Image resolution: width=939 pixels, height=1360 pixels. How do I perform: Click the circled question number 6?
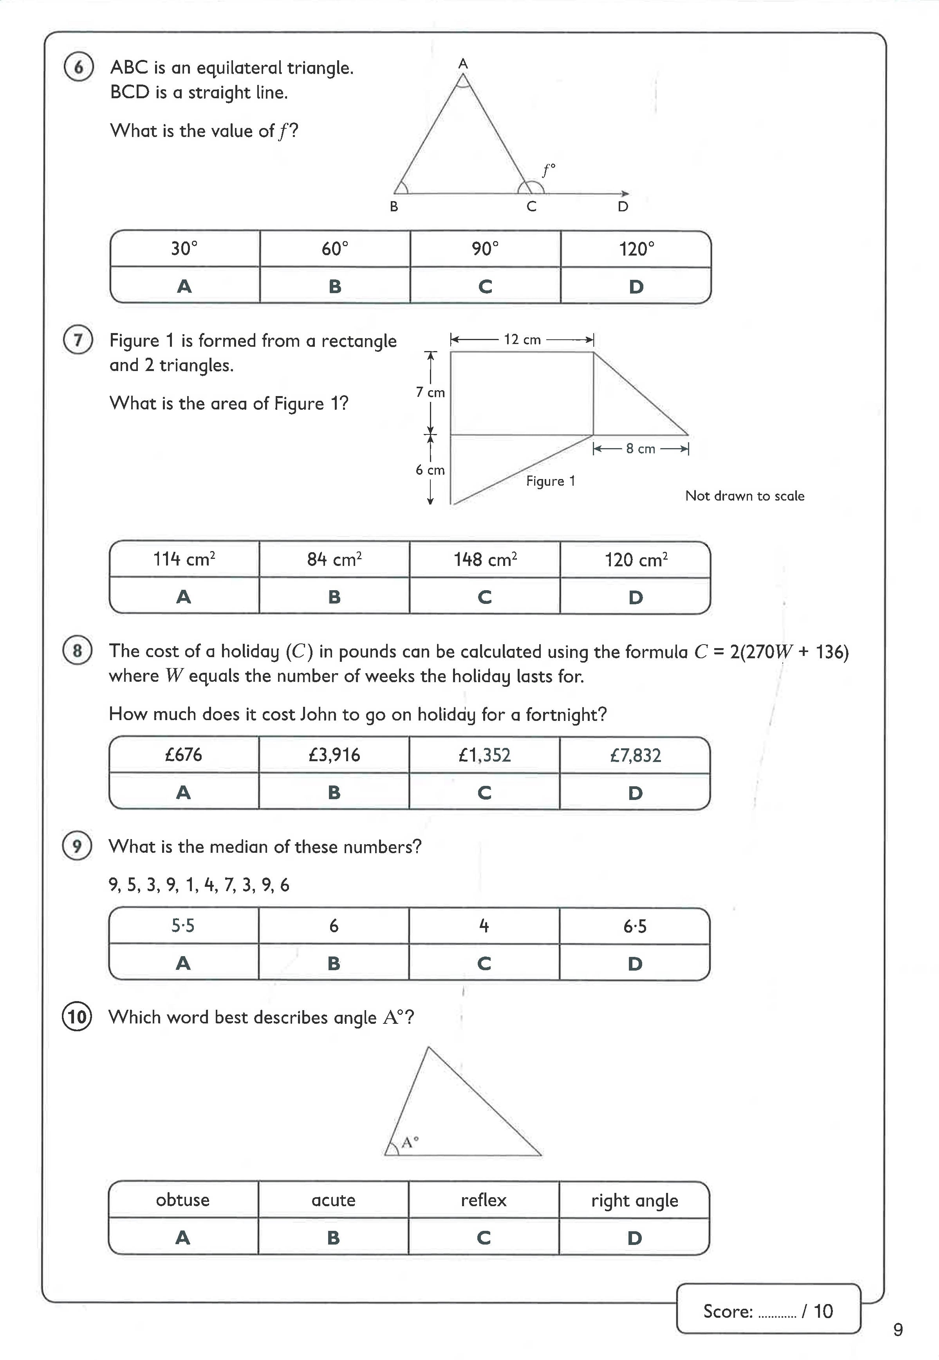pyautogui.click(x=79, y=67)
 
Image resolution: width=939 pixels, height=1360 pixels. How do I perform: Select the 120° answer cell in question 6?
pyautogui.click(x=636, y=249)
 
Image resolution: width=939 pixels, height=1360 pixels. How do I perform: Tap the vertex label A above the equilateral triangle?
pyautogui.click(x=463, y=63)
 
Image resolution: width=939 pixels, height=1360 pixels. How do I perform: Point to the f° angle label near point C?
pyautogui.click(x=548, y=171)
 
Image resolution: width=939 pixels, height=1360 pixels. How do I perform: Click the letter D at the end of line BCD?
pyautogui.click(x=623, y=206)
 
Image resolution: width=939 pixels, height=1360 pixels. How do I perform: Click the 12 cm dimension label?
pyautogui.click(x=522, y=339)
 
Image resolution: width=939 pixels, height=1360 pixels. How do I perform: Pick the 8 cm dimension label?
pyautogui.click(x=640, y=449)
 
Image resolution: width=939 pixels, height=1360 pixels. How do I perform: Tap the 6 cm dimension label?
pyautogui.click(x=430, y=470)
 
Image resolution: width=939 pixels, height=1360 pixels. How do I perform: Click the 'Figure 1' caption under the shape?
pyautogui.click(x=551, y=481)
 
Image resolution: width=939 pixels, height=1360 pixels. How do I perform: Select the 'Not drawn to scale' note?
pyautogui.click(x=744, y=496)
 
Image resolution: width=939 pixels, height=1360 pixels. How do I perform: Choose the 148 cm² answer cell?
pyautogui.click(x=485, y=559)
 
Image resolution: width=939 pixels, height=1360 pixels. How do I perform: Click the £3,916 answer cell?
pyautogui.click(x=334, y=755)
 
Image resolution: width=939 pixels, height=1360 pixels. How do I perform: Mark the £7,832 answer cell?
pyautogui.click(x=636, y=755)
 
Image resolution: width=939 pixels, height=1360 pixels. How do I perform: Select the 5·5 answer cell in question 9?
pyautogui.click(x=183, y=926)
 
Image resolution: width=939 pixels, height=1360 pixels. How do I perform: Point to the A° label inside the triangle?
pyautogui.click(x=410, y=1142)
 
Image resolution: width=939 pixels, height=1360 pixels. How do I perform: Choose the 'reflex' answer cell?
pyautogui.click(x=484, y=1200)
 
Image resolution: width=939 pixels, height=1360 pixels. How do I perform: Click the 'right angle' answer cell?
pyautogui.click(x=634, y=1200)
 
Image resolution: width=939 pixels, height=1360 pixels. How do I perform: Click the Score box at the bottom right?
pyautogui.click(x=768, y=1311)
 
